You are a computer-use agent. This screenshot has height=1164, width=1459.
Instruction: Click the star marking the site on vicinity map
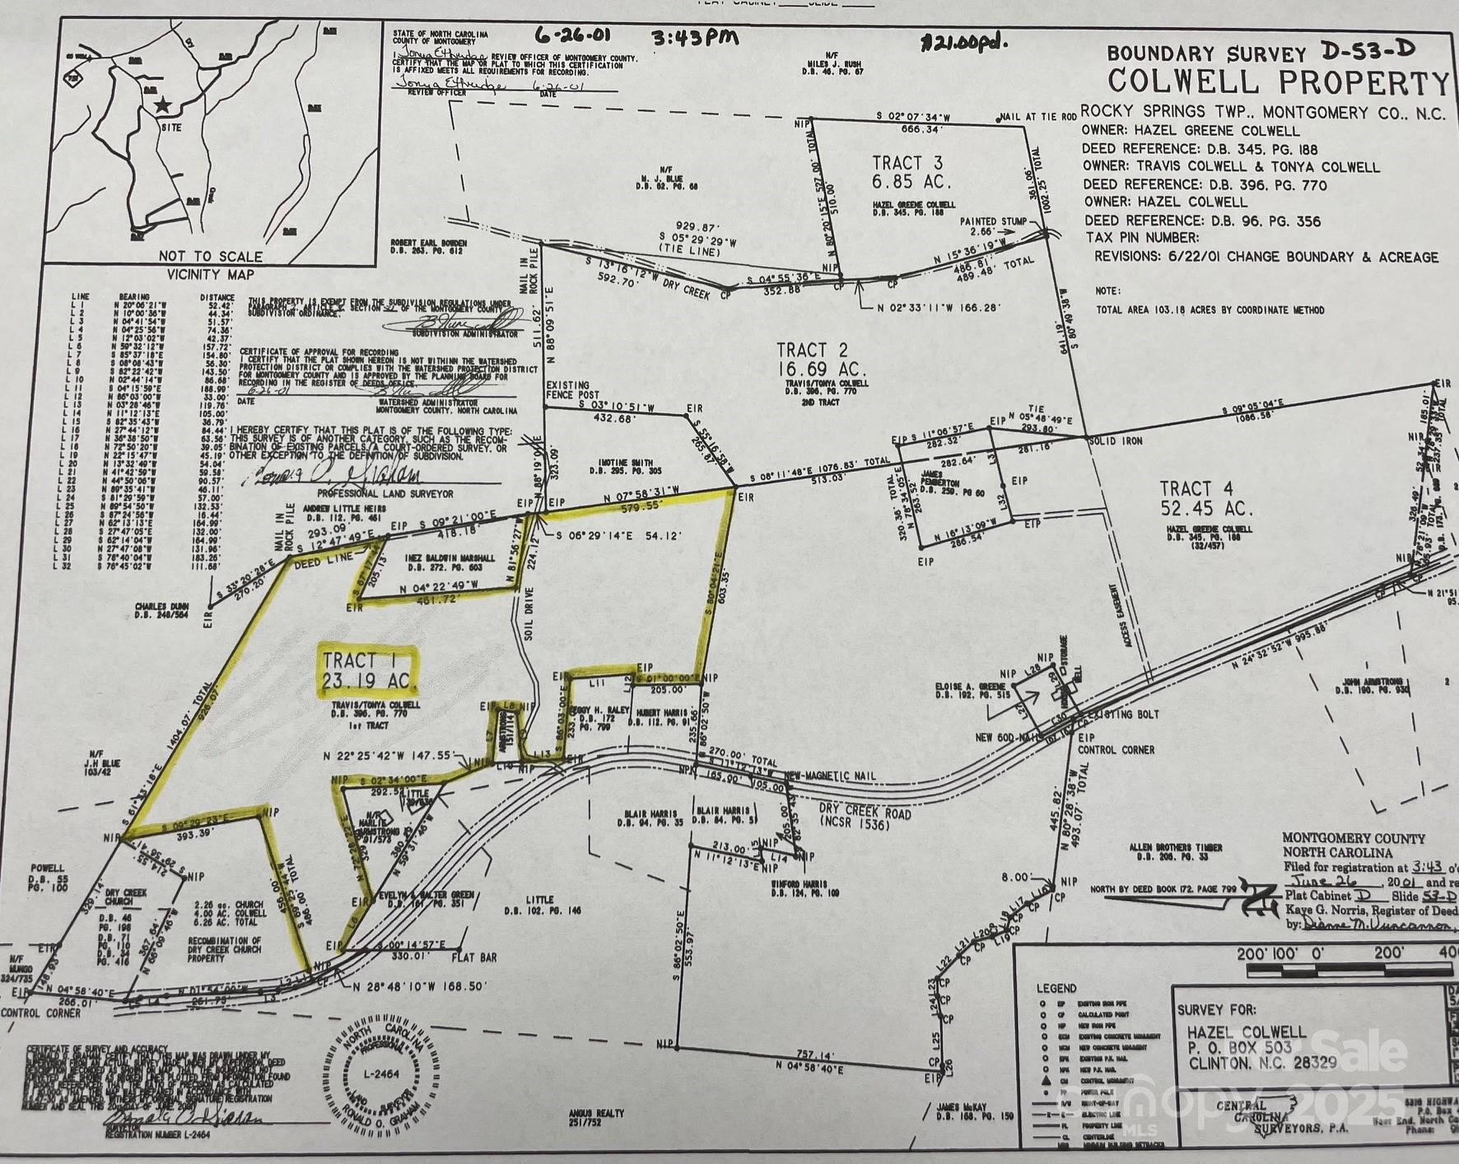click(x=162, y=105)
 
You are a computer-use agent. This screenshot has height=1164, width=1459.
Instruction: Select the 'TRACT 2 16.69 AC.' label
click(x=822, y=360)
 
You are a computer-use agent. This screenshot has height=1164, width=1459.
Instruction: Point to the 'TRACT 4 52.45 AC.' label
click(x=1206, y=498)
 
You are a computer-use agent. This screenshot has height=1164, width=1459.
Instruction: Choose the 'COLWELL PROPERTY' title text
click(x=1277, y=83)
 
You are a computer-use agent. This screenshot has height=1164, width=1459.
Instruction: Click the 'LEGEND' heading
click(x=1056, y=988)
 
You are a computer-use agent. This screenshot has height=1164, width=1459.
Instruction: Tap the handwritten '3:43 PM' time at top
click(x=694, y=38)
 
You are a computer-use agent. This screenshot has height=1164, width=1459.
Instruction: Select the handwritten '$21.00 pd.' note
click(x=964, y=42)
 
